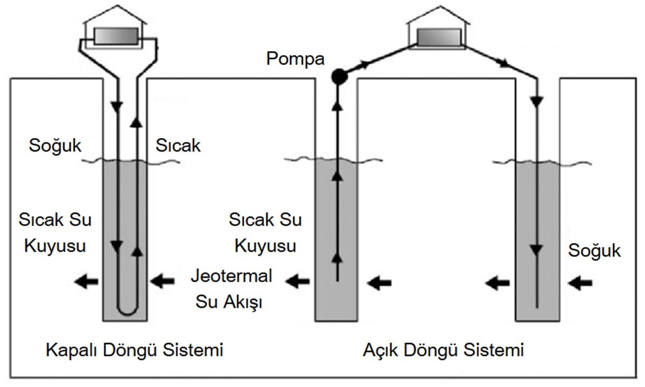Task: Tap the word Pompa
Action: tap(295, 59)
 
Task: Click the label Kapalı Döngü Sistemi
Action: tap(134, 351)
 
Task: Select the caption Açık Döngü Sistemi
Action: tap(443, 351)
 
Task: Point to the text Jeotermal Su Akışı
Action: tap(231, 289)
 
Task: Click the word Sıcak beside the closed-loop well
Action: tap(178, 145)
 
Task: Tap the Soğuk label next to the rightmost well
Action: tap(594, 250)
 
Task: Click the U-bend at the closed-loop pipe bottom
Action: tap(127, 311)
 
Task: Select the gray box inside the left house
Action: tap(116, 37)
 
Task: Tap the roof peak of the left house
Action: tap(116, 6)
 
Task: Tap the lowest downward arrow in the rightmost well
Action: tap(536, 250)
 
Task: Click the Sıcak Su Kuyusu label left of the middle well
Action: tap(265, 233)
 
